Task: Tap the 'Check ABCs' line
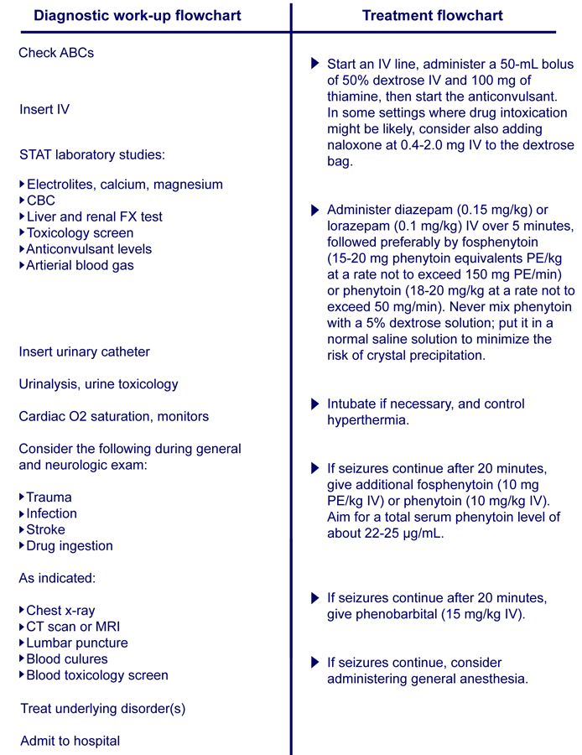[56, 53]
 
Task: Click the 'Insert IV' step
[44, 109]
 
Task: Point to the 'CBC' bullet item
[41, 200]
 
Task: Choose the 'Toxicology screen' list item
[80, 233]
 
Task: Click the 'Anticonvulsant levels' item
[89, 249]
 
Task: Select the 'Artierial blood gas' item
[80, 266]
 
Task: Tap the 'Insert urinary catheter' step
[85, 351]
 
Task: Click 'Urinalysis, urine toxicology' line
[99, 384]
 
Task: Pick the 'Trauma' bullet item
[49, 497]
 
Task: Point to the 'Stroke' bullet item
[45, 530]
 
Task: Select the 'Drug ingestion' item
[70, 546]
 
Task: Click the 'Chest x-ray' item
[60, 611]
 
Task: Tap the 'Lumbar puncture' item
[77, 643]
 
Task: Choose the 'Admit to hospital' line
[70, 741]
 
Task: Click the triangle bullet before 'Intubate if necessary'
[314, 404]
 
